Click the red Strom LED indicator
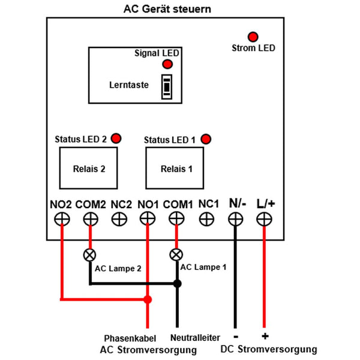[253, 37]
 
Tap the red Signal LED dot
[167, 64]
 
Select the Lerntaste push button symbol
[167, 87]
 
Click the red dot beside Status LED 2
[116, 139]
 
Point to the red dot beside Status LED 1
[206, 139]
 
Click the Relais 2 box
[88, 168]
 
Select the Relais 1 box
[175, 168]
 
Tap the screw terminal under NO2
[62, 219]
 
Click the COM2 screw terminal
[91, 219]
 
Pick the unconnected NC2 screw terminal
[119, 219]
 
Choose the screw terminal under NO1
[148, 218]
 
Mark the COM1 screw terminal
[176, 218]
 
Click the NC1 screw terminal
[206, 219]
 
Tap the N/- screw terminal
[236, 219]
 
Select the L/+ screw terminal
[264, 219]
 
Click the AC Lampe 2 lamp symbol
[89, 255]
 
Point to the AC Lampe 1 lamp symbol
[176, 254]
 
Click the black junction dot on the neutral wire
[177, 284]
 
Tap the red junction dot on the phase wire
[148, 299]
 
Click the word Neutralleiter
[195, 337]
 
